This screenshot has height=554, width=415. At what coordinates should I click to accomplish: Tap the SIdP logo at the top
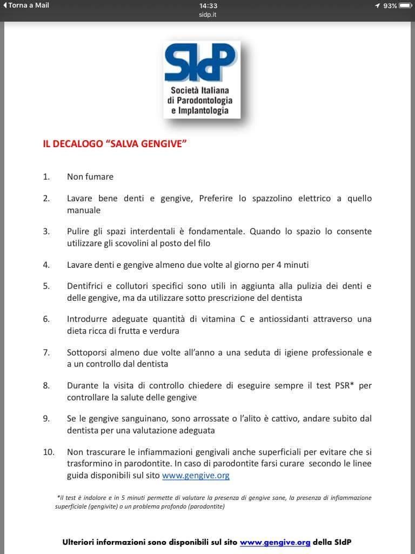(x=202, y=80)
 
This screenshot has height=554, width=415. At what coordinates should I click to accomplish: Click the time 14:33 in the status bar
(x=207, y=5)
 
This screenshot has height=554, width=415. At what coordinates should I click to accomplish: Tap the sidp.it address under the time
(x=207, y=15)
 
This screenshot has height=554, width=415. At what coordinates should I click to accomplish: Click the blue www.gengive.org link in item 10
(x=196, y=476)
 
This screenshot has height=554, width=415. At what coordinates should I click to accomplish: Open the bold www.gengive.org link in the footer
(x=275, y=542)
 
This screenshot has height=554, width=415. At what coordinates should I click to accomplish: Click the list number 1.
(x=46, y=176)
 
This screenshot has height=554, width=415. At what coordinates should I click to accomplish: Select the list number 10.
(x=49, y=452)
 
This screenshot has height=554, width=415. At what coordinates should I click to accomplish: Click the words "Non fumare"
(x=90, y=176)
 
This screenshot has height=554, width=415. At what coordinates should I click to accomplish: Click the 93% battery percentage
(x=390, y=5)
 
